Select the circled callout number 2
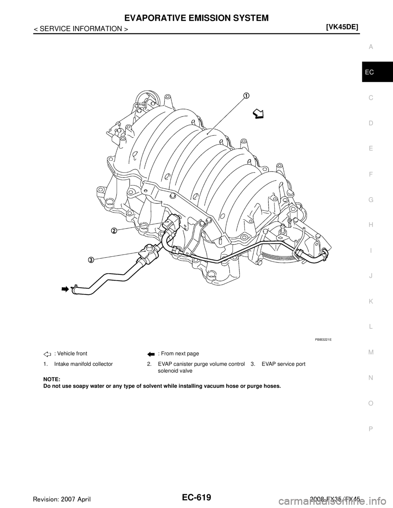(114, 231)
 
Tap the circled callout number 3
(91, 259)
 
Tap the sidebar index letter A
(370, 47)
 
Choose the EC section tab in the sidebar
(370, 72)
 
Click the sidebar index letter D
(370, 123)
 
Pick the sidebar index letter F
(370, 174)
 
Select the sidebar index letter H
(370, 225)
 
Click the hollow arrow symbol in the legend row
(47, 355)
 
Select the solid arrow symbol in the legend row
(150, 355)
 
